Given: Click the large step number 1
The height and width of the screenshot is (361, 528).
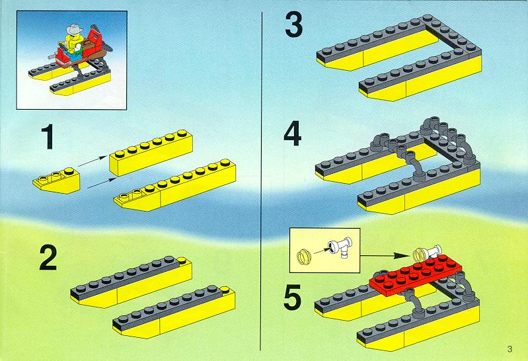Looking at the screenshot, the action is [48, 136].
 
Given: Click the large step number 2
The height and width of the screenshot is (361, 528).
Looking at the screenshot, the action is [48, 258].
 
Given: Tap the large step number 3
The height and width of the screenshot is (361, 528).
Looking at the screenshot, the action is [293, 24].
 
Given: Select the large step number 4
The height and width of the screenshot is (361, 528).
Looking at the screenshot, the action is [292, 134].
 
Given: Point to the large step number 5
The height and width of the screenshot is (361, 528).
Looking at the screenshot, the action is [292, 298].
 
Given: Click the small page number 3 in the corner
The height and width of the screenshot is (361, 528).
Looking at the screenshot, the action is [509, 349].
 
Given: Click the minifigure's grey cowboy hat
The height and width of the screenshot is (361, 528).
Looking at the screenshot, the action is [75, 30].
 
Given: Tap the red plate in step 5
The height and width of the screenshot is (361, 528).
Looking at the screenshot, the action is [416, 274].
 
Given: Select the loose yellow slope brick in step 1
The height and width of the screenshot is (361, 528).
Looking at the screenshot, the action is [57, 180].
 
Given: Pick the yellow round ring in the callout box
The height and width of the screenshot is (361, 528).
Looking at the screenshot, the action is [303, 255].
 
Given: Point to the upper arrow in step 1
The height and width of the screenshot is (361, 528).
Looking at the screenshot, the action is [93, 161].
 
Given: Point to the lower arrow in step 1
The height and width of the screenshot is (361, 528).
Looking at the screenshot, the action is [101, 183].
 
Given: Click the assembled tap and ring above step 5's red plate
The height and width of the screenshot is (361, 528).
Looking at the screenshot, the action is [427, 253].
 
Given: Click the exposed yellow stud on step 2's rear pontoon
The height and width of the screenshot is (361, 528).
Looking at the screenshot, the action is [182, 260].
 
